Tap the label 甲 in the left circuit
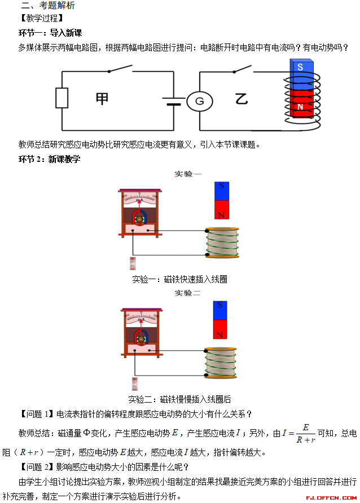[102, 98]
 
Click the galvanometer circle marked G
[199, 101]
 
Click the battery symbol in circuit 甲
[173, 101]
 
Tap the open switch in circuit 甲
[120, 69]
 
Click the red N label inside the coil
[300, 107]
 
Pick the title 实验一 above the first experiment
[187, 174]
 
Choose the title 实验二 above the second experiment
[187, 293]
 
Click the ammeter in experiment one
[139, 213]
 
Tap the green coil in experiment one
[222, 242]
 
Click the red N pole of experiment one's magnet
[222, 210]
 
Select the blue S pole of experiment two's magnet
[220, 311]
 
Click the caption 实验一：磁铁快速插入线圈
[179, 279]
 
